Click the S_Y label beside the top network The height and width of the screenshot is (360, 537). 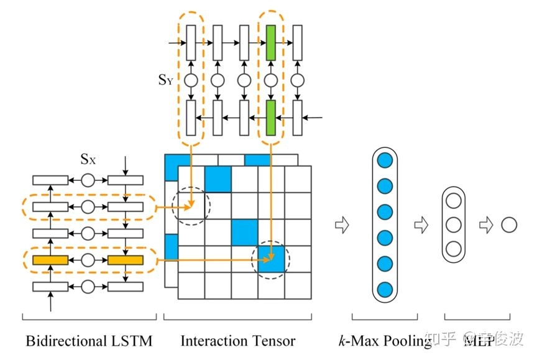click(x=165, y=81)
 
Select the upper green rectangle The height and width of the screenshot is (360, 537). click(x=270, y=43)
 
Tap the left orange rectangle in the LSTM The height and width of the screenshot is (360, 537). click(x=50, y=260)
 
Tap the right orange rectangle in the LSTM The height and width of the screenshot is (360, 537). click(x=126, y=260)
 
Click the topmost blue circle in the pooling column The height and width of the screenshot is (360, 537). click(x=385, y=159)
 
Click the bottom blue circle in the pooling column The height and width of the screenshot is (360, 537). click(x=385, y=289)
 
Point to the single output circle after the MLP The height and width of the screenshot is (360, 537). click(x=508, y=224)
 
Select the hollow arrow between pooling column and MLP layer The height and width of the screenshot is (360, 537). click(x=421, y=225)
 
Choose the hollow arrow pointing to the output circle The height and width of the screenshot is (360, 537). click(x=485, y=225)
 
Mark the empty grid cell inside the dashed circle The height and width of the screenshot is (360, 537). click(x=191, y=206)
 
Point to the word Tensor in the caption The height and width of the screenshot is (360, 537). click(x=273, y=341)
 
